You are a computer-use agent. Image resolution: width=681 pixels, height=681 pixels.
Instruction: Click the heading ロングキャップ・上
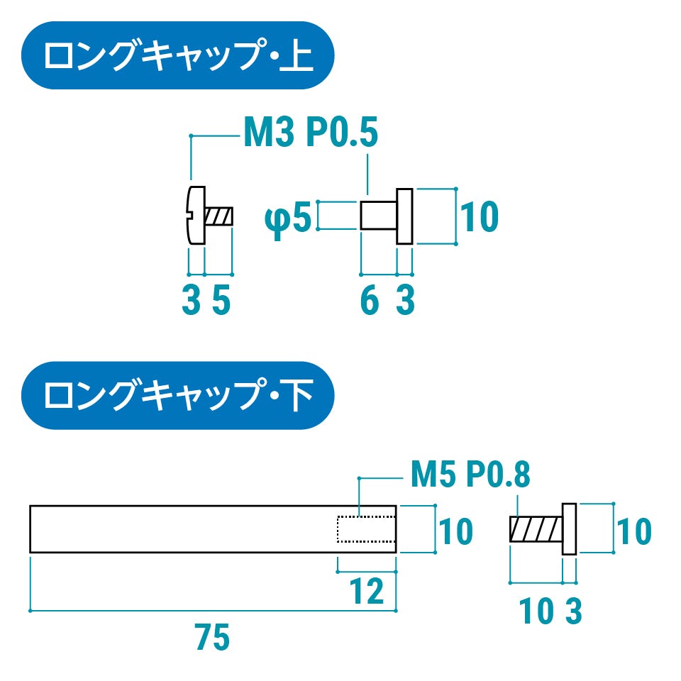pyautogui.click(x=177, y=56)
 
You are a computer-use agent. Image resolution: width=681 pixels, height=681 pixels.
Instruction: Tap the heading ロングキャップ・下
pyautogui.click(x=177, y=396)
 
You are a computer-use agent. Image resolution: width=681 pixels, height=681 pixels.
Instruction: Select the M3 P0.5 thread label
pyautogui.click(x=310, y=133)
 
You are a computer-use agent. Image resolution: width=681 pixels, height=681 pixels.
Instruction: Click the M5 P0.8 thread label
pyautogui.click(x=470, y=475)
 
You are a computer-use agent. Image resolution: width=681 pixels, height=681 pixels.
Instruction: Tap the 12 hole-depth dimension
pyautogui.click(x=367, y=591)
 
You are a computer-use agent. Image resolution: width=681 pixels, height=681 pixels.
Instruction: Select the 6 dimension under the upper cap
pyautogui.click(x=369, y=301)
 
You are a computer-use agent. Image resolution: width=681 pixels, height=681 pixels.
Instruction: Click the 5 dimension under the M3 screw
pyautogui.click(x=221, y=301)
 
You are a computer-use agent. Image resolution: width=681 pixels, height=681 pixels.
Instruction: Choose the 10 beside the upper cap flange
pyautogui.click(x=480, y=218)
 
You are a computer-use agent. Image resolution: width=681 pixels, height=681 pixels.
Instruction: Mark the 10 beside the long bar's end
pyautogui.click(x=454, y=531)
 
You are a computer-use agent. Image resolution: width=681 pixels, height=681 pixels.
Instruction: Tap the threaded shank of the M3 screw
pyautogui.click(x=219, y=216)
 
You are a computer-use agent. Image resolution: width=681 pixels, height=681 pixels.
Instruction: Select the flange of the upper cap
pyautogui.click(x=404, y=216)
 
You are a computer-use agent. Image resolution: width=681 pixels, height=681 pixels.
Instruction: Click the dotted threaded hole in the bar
pyautogui.click(x=365, y=528)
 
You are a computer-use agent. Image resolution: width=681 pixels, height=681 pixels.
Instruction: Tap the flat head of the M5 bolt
pyautogui.click(x=569, y=529)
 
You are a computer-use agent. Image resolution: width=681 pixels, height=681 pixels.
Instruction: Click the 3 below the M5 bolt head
pyautogui.click(x=573, y=611)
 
